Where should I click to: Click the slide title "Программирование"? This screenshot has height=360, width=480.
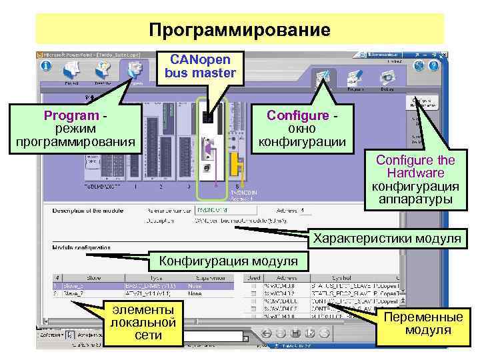click(239, 30)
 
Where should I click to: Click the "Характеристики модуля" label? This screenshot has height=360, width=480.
click(387, 238)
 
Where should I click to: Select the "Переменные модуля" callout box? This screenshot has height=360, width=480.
click(423, 324)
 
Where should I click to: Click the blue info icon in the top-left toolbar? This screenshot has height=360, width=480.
click(46, 67)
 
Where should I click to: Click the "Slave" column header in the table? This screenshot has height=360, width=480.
click(91, 277)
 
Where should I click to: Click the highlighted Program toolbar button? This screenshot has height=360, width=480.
click(135, 71)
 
